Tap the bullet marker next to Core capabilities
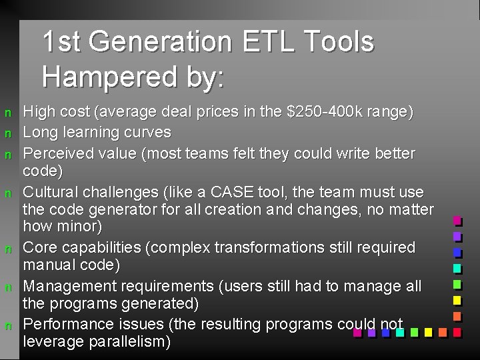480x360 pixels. tap(8, 248)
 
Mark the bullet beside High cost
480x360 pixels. tap(8, 113)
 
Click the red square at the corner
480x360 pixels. tap(457, 331)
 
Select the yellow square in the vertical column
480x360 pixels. tap(457, 300)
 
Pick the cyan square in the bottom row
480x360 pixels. tap(399, 331)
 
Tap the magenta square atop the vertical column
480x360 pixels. tap(457, 220)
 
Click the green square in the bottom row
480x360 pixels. tap(414, 331)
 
